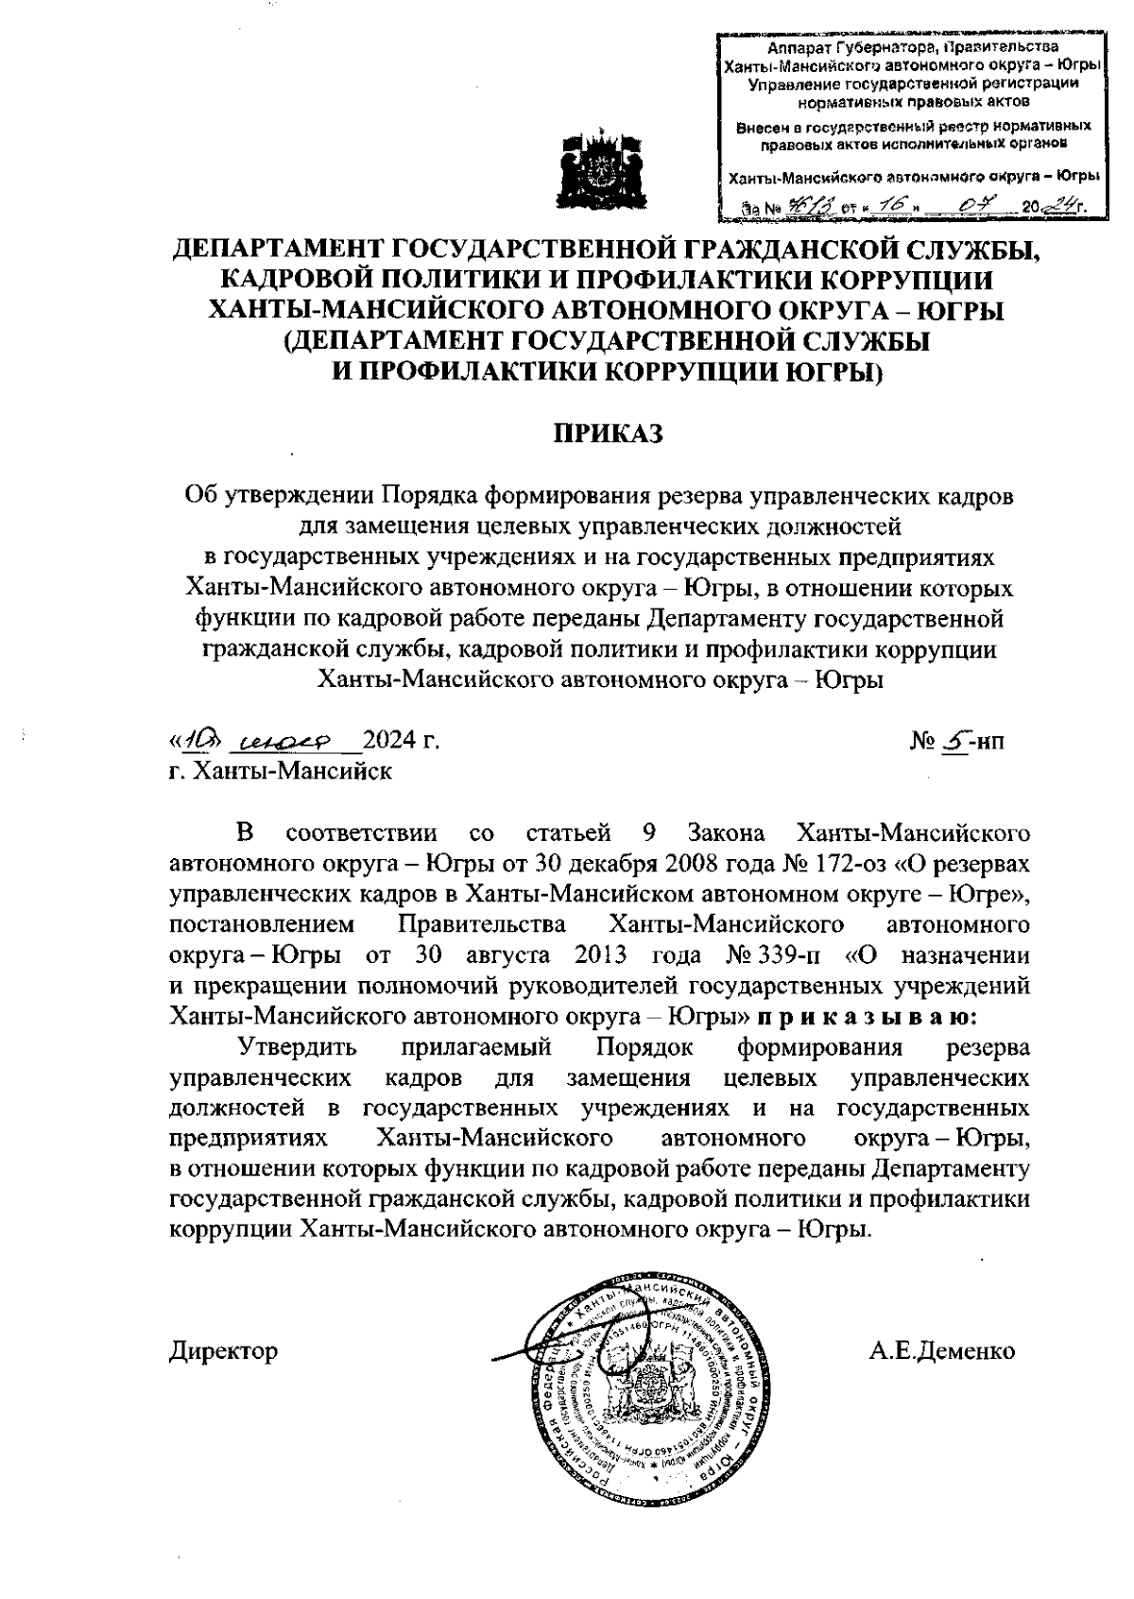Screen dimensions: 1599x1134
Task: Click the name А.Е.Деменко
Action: click(x=942, y=1350)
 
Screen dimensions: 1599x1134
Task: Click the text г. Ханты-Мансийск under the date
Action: click(x=280, y=770)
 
